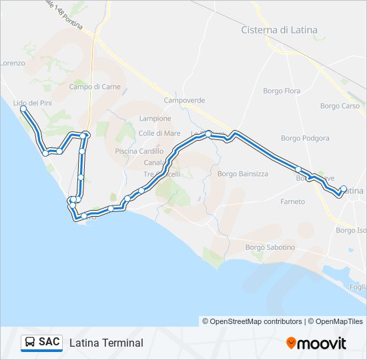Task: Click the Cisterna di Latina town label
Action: pyautogui.click(x=279, y=30)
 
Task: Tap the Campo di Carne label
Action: pyautogui.click(x=93, y=87)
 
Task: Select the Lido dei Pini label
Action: pyautogui.click(x=32, y=103)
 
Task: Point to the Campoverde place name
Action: pyautogui.click(x=184, y=101)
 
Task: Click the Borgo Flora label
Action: pyautogui.click(x=282, y=91)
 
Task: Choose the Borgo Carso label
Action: pyautogui.click(x=340, y=106)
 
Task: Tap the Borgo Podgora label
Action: pyautogui.click(x=305, y=139)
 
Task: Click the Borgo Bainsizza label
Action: pyautogui.click(x=243, y=174)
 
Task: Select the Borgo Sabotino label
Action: pyautogui.click(x=270, y=247)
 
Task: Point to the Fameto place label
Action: pyautogui.click(x=293, y=201)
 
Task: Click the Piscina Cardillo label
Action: pyautogui.click(x=139, y=151)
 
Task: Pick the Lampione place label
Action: pyautogui.click(x=155, y=119)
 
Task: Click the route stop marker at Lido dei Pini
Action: pyautogui.click(x=24, y=108)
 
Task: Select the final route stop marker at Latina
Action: pyautogui.click(x=344, y=189)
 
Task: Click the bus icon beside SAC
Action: pyautogui.click(x=29, y=342)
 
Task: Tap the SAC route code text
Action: pyautogui.click(x=49, y=342)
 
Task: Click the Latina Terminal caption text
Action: pyautogui.click(x=106, y=343)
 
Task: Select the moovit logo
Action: pyautogui.click(x=316, y=343)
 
